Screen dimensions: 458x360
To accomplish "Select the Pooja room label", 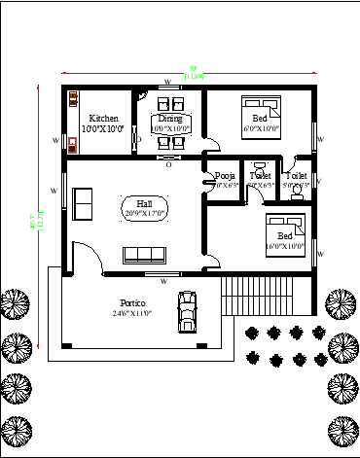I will tap(223, 175).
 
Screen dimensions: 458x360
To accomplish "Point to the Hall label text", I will tap(144, 203).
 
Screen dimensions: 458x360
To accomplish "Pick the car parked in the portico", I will tap(185, 311).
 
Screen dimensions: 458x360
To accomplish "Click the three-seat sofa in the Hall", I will tap(144, 255).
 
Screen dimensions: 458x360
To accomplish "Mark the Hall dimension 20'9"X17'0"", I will tap(144, 213).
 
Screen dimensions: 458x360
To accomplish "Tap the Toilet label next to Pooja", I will tap(260, 175).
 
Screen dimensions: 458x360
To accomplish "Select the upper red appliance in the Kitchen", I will tap(73, 98).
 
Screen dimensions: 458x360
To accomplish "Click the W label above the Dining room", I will tap(167, 82).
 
